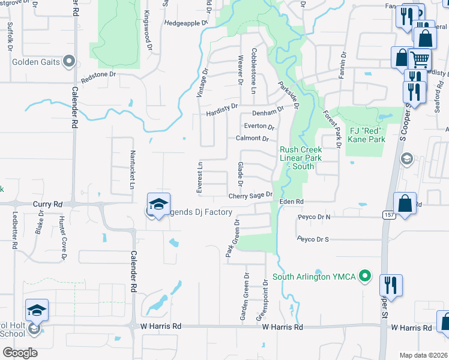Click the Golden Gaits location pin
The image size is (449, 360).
point(69,61)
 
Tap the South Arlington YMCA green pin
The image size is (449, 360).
point(364,277)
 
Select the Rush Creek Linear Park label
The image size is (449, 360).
point(301,158)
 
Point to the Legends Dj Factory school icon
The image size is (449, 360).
point(158,205)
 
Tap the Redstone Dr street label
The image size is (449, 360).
point(98,77)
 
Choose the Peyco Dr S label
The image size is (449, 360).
point(313,239)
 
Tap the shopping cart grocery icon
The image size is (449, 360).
point(420,60)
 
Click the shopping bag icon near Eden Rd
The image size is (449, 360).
point(405,203)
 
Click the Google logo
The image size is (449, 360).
point(20,353)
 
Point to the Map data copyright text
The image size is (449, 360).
point(424,355)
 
